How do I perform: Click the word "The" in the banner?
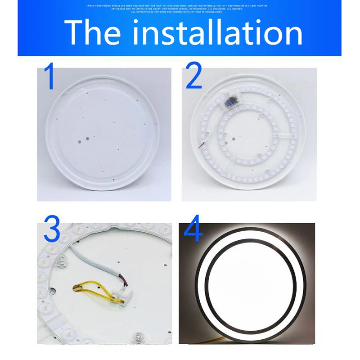pyautogui.click(x=92, y=32)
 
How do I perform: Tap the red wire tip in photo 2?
pyautogui.click(x=197, y=145)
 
